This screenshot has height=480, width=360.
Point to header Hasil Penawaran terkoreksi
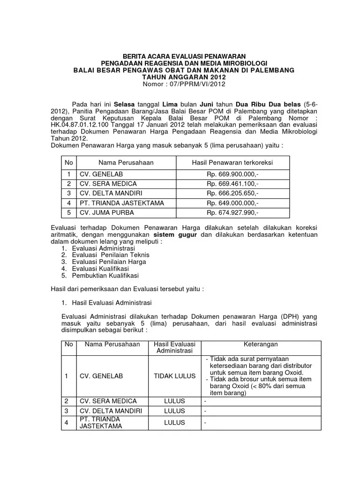point(232,163)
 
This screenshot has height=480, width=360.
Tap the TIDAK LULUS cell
point(174,376)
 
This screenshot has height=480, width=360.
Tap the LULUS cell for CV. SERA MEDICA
point(174,401)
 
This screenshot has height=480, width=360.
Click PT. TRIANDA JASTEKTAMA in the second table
point(101,422)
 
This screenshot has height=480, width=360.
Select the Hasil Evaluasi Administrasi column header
point(174,347)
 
